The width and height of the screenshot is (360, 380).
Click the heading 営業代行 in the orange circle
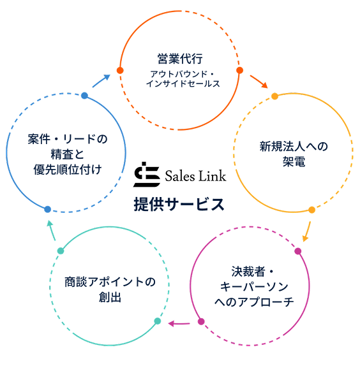pos(180,59)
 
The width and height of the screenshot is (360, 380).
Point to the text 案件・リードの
pos(68,138)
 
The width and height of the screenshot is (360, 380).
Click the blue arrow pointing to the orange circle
pos(101,80)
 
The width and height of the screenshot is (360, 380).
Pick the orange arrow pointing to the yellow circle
pos(259,82)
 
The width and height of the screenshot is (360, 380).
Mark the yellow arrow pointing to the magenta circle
pos(307,230)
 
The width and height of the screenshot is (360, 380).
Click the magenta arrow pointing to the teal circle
pos(179,323)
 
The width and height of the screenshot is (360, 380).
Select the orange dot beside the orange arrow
pos(239,70)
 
